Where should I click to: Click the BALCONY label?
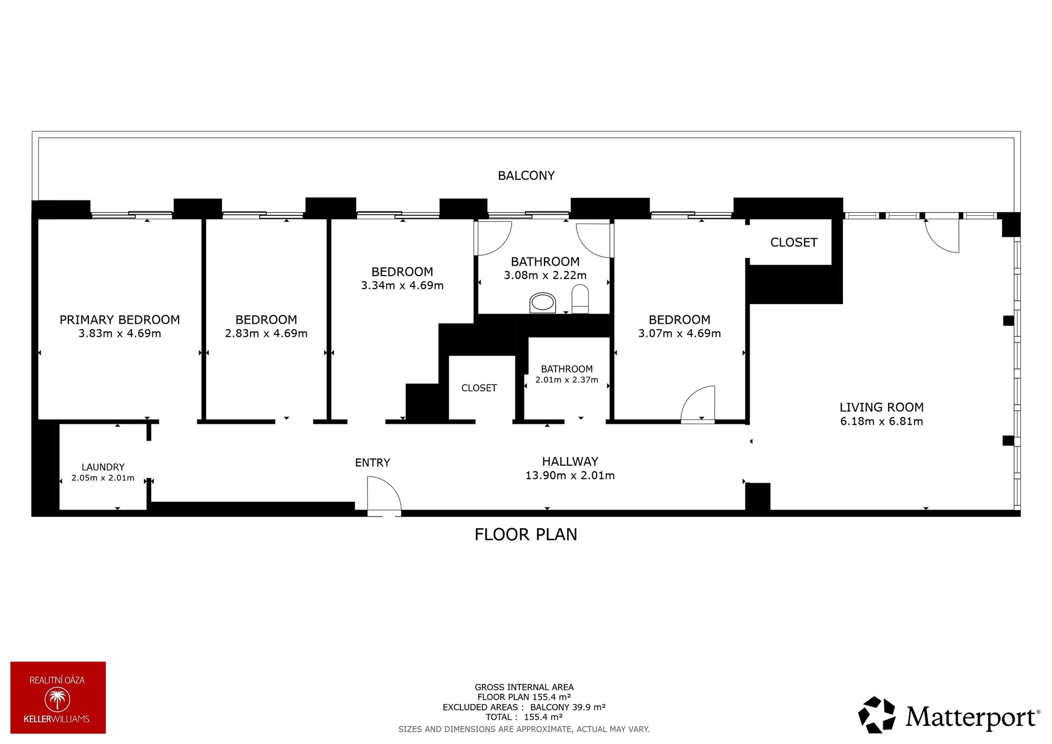tap(526, 175)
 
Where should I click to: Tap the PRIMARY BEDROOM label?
tap(119, 319)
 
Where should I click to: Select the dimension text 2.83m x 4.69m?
tap(266, 333)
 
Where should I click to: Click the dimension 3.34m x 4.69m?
tap(402, 285)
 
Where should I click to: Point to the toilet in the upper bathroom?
tap(580, 301)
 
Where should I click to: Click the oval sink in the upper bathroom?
tap(542, 303)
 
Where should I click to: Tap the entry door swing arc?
tap(386, 493)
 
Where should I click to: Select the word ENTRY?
tap(373, 462)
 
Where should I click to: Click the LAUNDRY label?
tap(103, 467)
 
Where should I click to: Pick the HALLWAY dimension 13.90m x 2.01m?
tap(570, 476)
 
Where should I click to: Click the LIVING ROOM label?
tap(881, 407)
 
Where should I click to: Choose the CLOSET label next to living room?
tap(793, 242)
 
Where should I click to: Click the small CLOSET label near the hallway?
tap(479, 388)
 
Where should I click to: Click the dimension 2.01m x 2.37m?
tap(567, 380)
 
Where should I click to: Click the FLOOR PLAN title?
tap(525, 534)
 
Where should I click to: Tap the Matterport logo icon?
tap(876, 714)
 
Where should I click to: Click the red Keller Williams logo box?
tap(58, 697)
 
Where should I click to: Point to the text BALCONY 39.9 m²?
tap(568, 707)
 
